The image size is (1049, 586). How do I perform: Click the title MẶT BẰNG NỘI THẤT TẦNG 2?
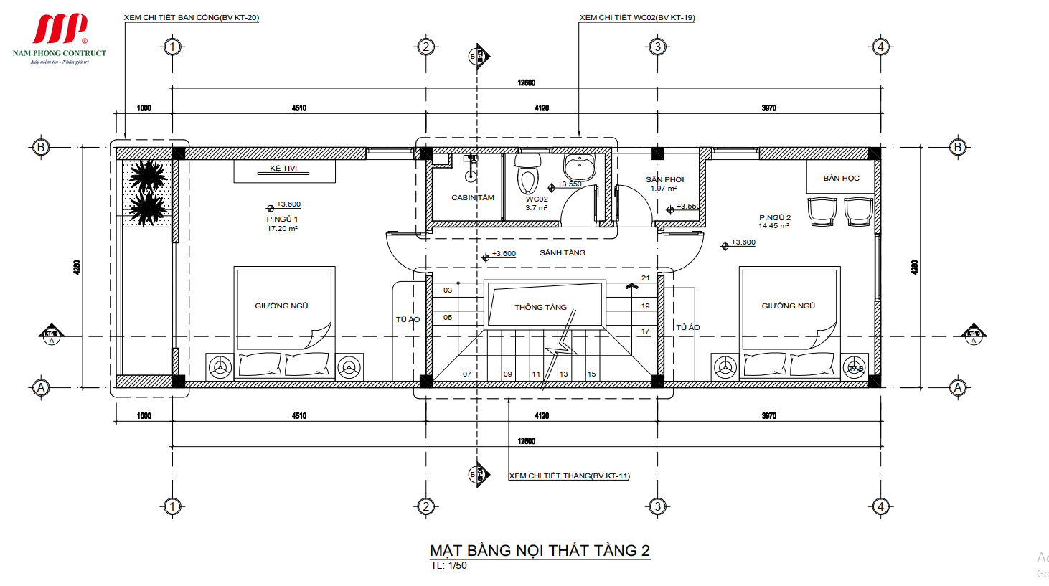click(x=540, y=550)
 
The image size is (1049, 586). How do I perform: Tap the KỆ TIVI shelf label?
click(x=283, y=169)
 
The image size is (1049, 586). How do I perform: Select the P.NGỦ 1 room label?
click(x=282, y=219)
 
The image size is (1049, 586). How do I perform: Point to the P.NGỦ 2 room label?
click(x=775, y=218)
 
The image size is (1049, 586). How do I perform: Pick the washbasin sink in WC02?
click(x=579, y=167)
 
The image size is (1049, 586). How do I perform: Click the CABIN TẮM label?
click(x=472, y=198)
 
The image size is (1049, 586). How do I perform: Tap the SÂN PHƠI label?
click(x=664, y=180)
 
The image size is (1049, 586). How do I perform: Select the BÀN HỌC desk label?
click(x=841, y=179)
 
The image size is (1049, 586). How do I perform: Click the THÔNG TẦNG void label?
click(x=540, y=307)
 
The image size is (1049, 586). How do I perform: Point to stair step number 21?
click(x=645, y=278)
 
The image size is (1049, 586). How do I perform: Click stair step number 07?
click(x=467, y=374)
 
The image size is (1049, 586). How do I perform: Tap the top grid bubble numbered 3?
click(x=657, y=47)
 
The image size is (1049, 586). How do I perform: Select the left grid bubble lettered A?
click(x=41, y=388)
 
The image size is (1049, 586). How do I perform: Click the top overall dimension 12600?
click(x=526, y=83)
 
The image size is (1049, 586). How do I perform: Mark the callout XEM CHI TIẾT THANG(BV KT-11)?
click(x=569, y=476)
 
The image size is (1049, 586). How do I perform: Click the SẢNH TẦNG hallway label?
click(x=563, y=253)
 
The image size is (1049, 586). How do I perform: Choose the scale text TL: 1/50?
click(x=448, y=566)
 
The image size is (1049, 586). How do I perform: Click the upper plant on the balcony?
click(x=149, y=176)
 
